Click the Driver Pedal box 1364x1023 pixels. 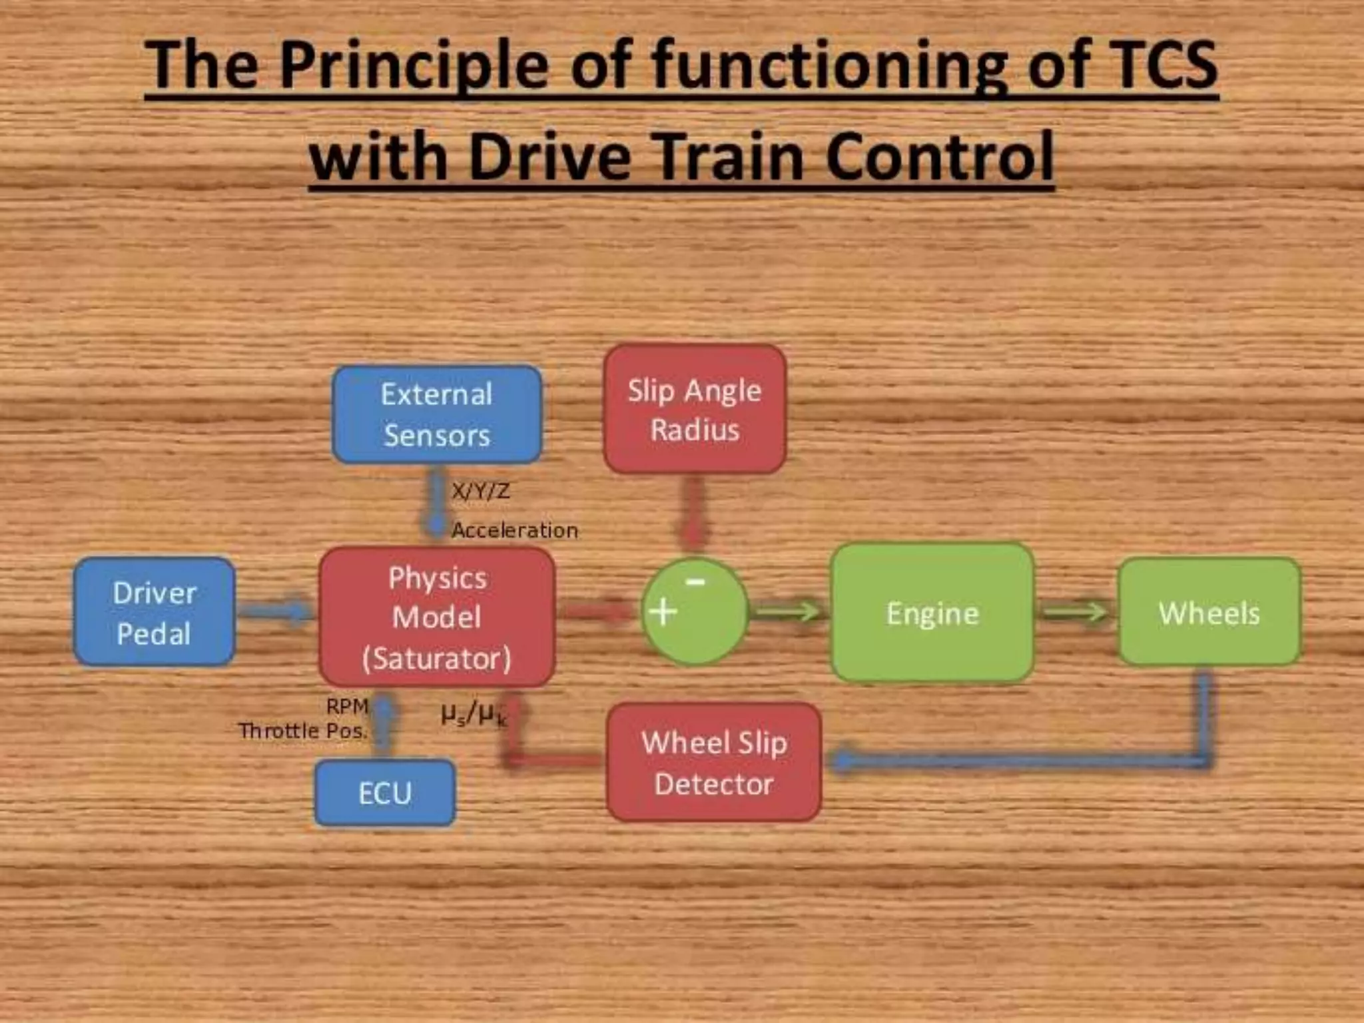pyautogui.click(x=155, y=612)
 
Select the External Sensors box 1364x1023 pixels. pyautogui.click(x=437, y=414)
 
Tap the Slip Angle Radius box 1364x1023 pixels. pyautogui.click(x=695, y=409)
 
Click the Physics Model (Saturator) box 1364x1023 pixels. pyautogui.click(x=437, y=617)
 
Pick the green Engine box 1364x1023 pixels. pyautogui.click(x=932, y=613)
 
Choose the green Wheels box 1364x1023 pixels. pyautogui.click(x=1209, y=612)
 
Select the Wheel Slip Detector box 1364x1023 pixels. pyautogui.click(x=714, y=763)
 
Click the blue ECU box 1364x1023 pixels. pyautogui.click(x=385, y=793)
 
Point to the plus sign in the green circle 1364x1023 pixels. pyautogui.click(x=663, y=611)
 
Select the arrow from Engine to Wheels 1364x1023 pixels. pyautogui.click(x=1074, y=611)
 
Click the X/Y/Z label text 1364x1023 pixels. pyautogui.click(x=481, y=492)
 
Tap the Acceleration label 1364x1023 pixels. pyautogui.click(x=515, y=531)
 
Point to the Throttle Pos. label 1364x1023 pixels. pyautogui.click(x=303, y=731)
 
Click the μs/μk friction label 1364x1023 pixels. pyautogui.click(x=474, y=714)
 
